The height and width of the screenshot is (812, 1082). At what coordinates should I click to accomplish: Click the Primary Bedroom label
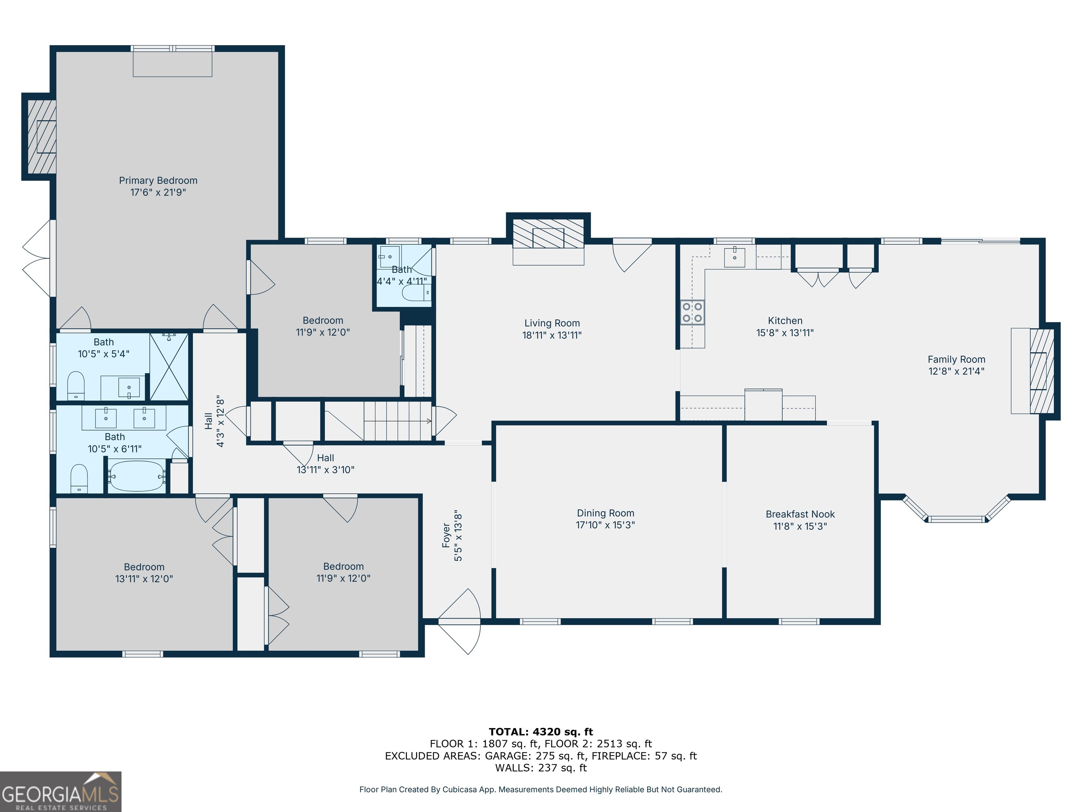tap(158, 180)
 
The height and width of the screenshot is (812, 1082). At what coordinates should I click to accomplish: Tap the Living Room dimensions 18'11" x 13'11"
tap(552, 335)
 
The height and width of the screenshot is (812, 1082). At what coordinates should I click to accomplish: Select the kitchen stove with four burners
tap(692, 312)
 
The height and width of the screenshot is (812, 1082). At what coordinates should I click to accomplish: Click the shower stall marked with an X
tap(169, 366)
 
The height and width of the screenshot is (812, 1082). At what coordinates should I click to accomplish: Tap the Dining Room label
tap(605, 513)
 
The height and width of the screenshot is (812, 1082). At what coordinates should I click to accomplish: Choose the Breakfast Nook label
tap(800, 514)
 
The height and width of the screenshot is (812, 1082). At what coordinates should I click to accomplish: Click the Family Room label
tap(956, 359)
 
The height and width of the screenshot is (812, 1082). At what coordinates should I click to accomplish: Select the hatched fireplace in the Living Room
tap(548, 233)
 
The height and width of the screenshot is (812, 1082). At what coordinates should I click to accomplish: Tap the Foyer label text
tap(446, 535)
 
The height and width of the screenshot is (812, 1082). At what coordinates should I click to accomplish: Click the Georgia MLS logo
tap(61, 792)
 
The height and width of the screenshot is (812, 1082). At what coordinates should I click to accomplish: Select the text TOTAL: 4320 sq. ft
tap(541, 732)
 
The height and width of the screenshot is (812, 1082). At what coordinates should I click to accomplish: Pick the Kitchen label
tap(785, 321)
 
